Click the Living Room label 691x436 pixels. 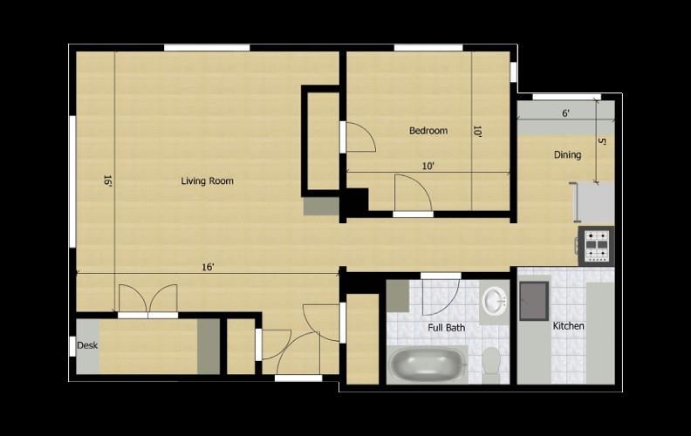pyautogui.click(x=207, y=181)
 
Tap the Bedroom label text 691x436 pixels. pyautogui.click(x=428, y=131)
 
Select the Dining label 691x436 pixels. pyautogui.click(x=567, y=155)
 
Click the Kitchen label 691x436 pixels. pyautogui.click(x=569, y=326)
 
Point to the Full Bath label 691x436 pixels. pyautogui.click(x=446, y=328)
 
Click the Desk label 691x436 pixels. pyautogui.click(x=87, y=345)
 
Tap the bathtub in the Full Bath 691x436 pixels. pyautogui.click(x=428, y=364)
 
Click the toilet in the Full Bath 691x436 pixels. pyautogui.click(x=491, y=361)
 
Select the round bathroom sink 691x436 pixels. pyautogui.click(x=494, y=302)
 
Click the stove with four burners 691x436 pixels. pyautogui.click(x=598, y=246)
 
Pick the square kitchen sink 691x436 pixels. pyautogui.click(x=533, y=302)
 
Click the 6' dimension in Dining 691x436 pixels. pyautogui.click(x=565, y=113)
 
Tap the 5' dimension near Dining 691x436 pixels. pyautogui.click(x=601, y=142)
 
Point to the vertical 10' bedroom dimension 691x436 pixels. pyautogui.click(x=477, y=132)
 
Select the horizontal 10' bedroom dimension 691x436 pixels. pyautogui.click(x=428, y=166)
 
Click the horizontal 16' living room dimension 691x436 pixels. pyautogui.click(x=208, y=267)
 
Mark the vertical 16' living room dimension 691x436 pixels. pyautogui.click(x=107, y=181)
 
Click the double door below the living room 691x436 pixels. pyautogui.click(x=148, y=299)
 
